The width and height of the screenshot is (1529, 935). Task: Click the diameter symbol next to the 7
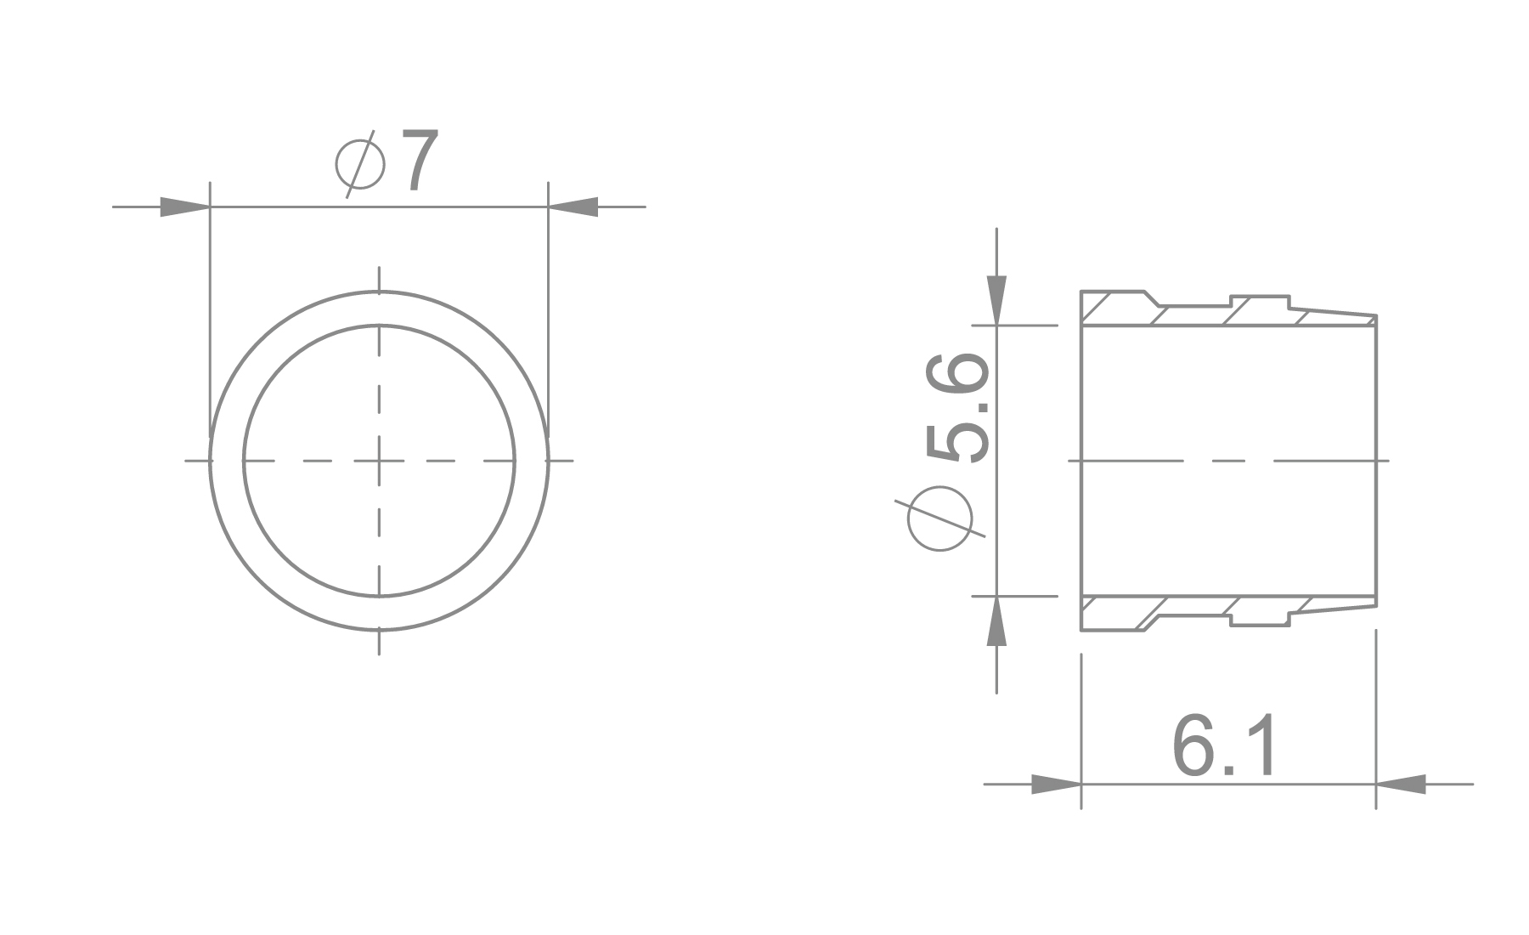(360, 162)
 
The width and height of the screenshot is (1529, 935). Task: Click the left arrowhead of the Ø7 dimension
(185, 207)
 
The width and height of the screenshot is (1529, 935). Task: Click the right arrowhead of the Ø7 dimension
(573, 207)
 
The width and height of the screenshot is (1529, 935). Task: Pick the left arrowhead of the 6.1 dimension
(1056, 784)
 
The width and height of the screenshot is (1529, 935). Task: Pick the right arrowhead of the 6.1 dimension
(1401, 784)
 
